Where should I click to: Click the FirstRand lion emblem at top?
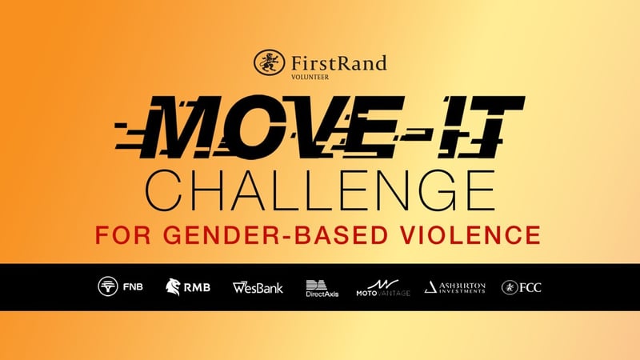(267, 62)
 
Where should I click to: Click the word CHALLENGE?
(320, 189)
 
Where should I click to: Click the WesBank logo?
(258, 286)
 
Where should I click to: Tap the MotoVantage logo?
(382, 286)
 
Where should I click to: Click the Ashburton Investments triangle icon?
(430, 286)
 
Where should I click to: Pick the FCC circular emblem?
(508, 286)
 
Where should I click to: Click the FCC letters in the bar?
(530, 286)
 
